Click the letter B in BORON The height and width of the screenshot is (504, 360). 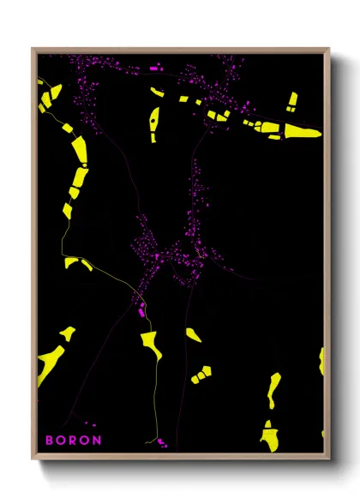click(50, 440)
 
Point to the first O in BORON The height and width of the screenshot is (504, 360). click(61, 440)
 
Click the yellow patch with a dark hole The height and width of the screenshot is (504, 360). click(154, 124)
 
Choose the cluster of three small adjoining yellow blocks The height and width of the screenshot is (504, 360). click(201, 374)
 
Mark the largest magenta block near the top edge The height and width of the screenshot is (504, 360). click(155, 67)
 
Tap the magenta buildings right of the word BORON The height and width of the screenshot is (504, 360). click(159, 441)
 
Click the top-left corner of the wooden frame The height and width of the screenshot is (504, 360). click(33, 50)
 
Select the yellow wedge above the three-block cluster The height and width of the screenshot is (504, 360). click(193, 335)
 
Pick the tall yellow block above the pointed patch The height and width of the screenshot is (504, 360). click(291, 101)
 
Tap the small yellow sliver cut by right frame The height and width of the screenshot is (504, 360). click(321, 360)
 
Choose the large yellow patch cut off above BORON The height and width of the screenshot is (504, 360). click(49, 363)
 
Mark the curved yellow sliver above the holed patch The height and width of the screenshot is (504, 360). click(157, 91)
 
